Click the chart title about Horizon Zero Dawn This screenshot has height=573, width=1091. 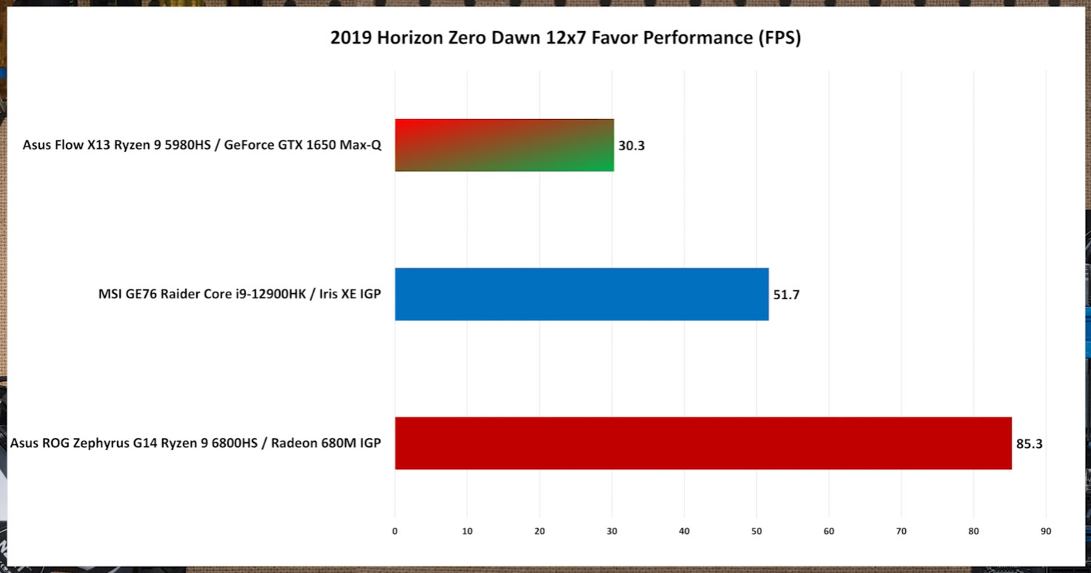(x=565, y=38)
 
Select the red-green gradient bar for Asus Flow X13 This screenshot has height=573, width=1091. (x=504, y=145)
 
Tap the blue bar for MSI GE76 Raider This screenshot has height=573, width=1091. (x=581, y=294)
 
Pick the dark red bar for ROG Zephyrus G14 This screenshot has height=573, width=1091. (x=703, y=443)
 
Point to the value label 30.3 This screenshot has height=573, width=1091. (x=632, y=146)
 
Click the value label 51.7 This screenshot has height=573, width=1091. (x=787, y=295)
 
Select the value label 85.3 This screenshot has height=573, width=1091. (x=1030, y=444)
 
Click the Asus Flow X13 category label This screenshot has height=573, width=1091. (x=202, y=145)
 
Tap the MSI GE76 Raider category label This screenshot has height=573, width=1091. (x=240, y=295)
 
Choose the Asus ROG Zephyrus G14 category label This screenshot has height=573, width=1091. (x=196, y=443)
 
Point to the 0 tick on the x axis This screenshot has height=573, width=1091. (x=395, y=531)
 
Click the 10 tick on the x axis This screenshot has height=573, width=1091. (x=467, y=531)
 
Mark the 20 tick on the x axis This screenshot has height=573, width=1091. (x=539, y=531)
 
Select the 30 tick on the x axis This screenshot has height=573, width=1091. (x=612, y=531)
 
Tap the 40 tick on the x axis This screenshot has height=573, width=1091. (x=684, y=531)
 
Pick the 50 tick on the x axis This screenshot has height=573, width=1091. (x=756, y=531)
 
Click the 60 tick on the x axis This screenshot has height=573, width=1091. (x=829, y=531)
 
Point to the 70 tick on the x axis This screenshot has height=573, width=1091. (x=901, y=531)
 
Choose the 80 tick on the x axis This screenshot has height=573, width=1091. (x=973, y=531)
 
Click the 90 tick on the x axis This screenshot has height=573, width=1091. (x=1046, y=531)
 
